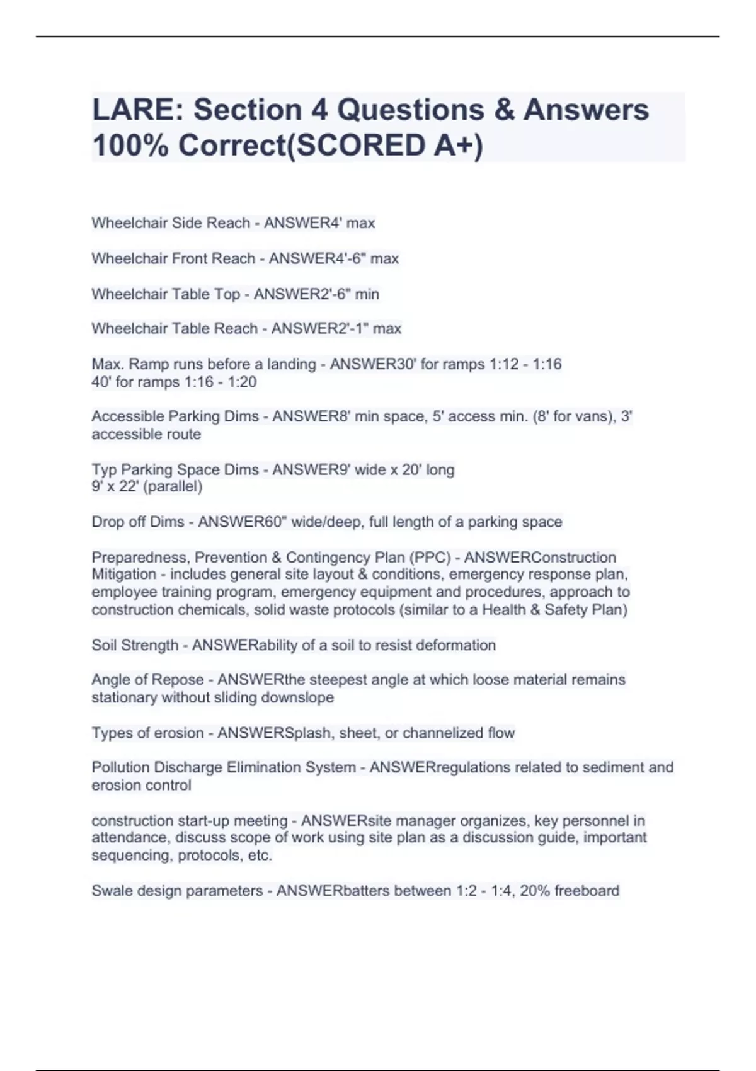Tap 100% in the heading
pos(130,146)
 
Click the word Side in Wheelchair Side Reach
pos(186,223)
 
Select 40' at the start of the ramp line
pos(101,382)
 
